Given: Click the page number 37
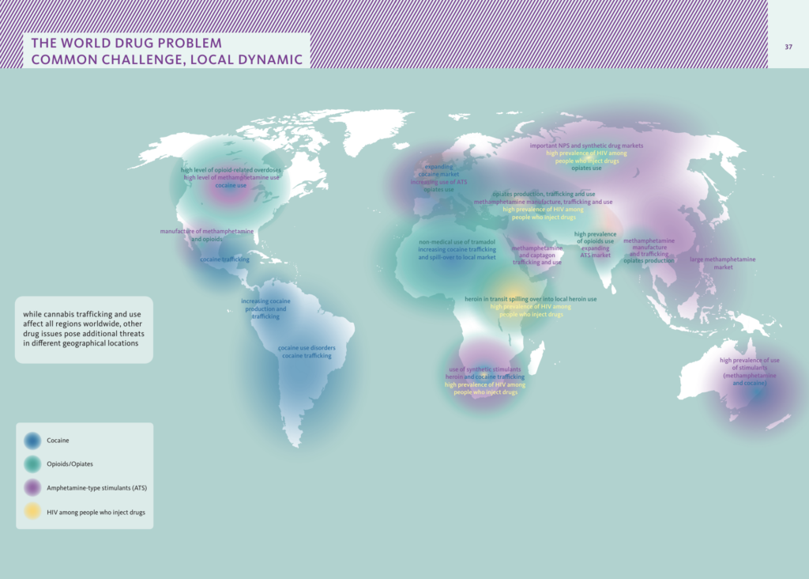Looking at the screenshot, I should tap(788, 46).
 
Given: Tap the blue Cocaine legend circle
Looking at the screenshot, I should tap(32, 441).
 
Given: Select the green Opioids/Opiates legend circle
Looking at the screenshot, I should tap(32, 464).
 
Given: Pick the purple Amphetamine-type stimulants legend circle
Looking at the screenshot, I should tap(32, 488).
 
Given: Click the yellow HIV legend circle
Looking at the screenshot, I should tap(32, 512).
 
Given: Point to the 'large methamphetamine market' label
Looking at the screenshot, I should tap(712, 263).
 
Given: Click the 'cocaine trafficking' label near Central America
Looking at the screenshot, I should tap(224, 259).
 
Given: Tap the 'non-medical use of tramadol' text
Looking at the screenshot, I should tap(457, 242).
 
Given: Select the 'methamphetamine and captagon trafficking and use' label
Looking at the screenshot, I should tap(536, 255).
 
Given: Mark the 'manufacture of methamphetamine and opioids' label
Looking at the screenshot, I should tap(206, 234).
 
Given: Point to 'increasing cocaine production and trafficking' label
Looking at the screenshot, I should tap(265, 308).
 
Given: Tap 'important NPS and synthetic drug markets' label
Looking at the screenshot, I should tap(586, 146).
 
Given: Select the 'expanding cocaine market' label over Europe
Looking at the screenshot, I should tap(438, 170).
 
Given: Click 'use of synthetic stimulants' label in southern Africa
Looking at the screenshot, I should tap(484, 369).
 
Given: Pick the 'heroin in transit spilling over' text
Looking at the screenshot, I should tap(530, 299).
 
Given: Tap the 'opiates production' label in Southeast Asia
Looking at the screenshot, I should tap(648, 261).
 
